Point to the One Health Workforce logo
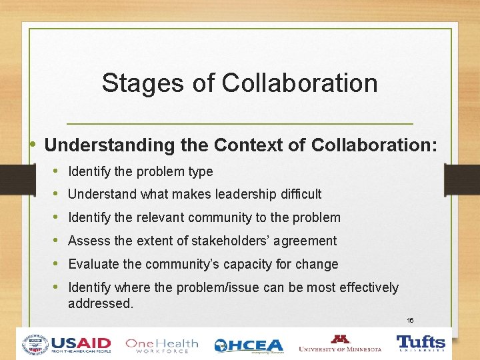click(162, 345)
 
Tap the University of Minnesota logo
click(340, 343)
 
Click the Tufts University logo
click(421, 343)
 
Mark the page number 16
click(410, 320)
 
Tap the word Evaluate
click(93, 264)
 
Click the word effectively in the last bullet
click(369, 287)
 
